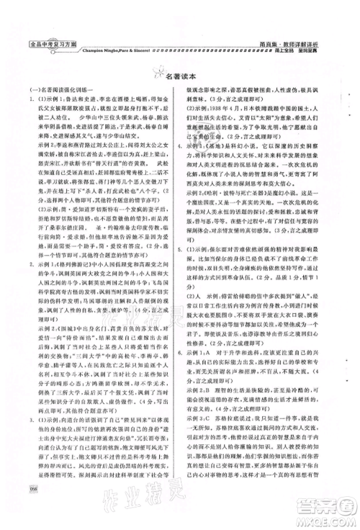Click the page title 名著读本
coord(185,73)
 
